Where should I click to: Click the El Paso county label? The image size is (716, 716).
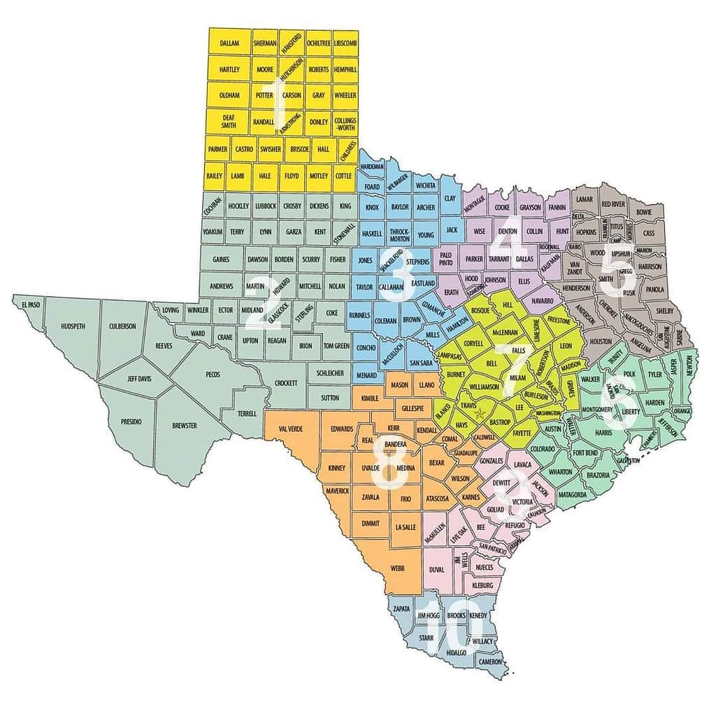point(29,306)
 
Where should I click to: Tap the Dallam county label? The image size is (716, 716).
point(229,43)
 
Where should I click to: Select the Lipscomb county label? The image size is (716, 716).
point(345,43)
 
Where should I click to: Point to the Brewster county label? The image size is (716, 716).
point(185,425)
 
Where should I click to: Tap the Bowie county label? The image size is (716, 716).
point(644,212)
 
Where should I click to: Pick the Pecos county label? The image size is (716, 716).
point(213,375)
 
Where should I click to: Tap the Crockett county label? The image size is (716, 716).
point(286,383)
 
